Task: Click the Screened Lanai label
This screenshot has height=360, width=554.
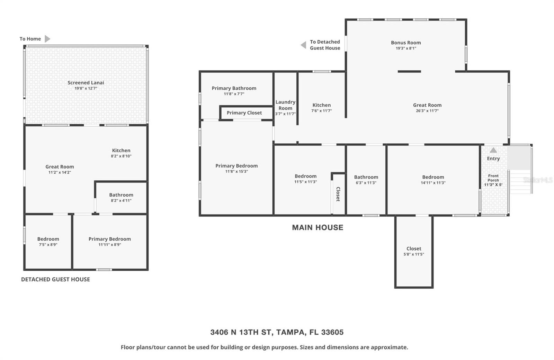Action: coord(86,82)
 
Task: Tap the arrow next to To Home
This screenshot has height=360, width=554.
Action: coord(47,39)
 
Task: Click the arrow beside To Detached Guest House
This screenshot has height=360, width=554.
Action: coord(303,45)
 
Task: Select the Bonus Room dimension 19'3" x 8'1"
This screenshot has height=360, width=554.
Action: coord(406,48)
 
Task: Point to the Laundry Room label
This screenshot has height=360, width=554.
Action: coord(285,105)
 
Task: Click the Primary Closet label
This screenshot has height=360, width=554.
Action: coord(244,113)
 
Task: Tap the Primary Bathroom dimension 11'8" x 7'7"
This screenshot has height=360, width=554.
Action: coord(234,94)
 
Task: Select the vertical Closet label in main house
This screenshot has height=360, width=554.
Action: coord(338,194)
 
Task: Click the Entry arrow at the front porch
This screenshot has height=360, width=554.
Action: coord(493,150)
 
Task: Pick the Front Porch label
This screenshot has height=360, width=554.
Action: coord(493,178)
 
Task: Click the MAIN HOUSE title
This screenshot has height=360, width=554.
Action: coord(318,227)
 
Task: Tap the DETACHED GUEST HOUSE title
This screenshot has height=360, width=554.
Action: coord(55,279)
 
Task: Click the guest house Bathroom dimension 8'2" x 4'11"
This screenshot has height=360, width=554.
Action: coord(121,200)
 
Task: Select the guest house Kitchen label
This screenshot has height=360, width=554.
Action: coord(121,150)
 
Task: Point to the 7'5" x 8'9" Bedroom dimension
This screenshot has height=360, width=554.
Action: coord(48,245)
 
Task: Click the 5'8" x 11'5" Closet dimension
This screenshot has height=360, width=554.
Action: coord(414,254)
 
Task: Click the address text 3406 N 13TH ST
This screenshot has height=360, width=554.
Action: coord(241,332)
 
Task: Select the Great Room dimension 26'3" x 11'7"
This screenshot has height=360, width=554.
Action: coord(427,111)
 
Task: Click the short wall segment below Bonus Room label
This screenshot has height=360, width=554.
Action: coord(409,72)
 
